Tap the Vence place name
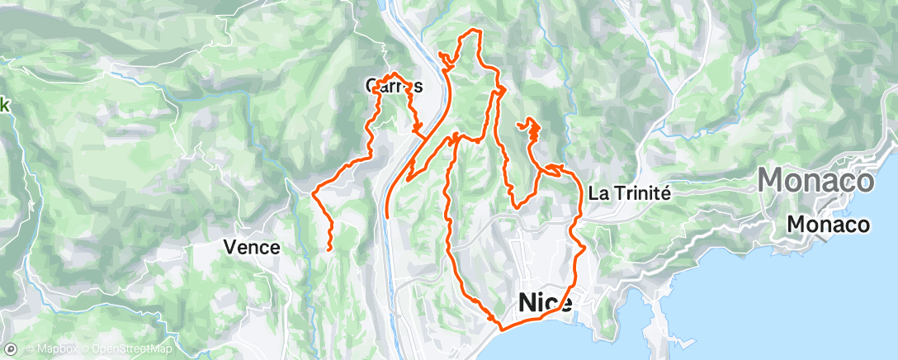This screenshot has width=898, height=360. (x=253, y=246)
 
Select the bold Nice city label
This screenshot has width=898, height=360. (x=546, y=303)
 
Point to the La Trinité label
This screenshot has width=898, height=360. (x=630, y=192)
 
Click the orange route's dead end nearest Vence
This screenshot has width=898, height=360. (x=329, y=249)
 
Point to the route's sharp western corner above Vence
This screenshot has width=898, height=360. (x=314, y=192)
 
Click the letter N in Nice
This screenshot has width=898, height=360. (x=528, y=303)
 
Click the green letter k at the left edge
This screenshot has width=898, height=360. (x=4, y=105)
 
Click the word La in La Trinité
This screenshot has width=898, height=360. (x=598, y=192)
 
